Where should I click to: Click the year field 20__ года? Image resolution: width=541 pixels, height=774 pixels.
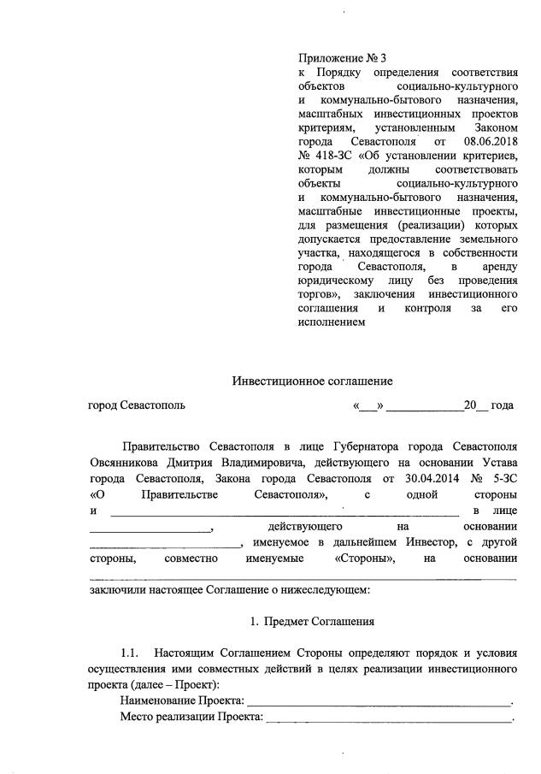[x=488, y=405]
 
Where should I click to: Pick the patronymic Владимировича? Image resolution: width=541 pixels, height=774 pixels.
[x=279, y=462]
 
